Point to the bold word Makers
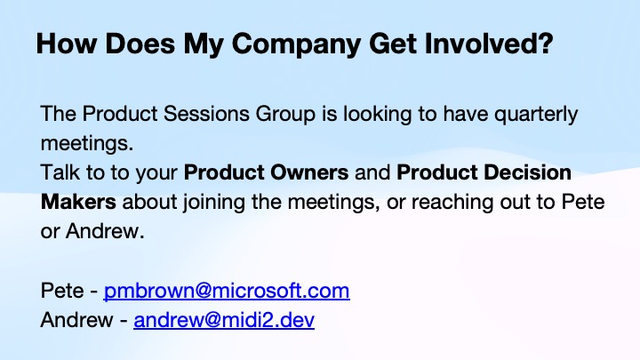tap(78, 201)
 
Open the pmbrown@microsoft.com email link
tap(227, 291)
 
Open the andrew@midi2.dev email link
tap(224, 319)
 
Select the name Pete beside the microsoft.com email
tap(59, 291)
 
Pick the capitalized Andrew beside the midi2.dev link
tap(74, 319)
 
